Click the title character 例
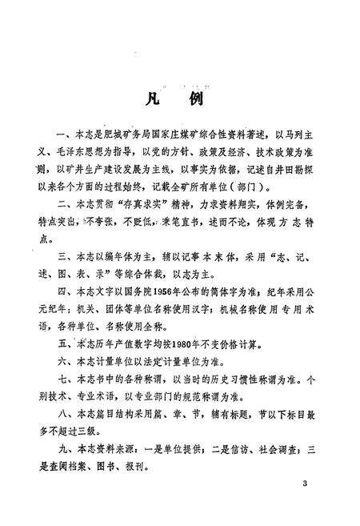[x=197, y=100]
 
